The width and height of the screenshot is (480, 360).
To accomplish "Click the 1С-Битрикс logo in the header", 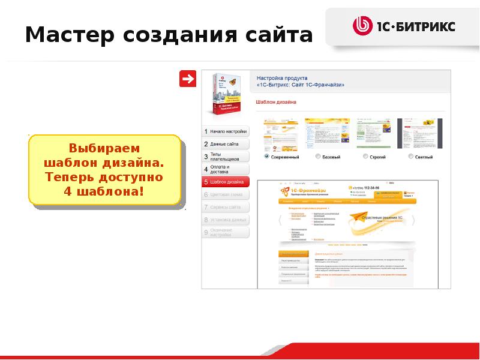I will click(404, 26).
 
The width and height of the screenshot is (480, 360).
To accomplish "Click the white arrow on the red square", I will click(188, 79).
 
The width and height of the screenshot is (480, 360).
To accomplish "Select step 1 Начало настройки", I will click(225, 131).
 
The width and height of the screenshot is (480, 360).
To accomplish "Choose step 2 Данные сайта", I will click(225, 144).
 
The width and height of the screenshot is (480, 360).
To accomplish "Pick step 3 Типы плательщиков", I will click(225, 157).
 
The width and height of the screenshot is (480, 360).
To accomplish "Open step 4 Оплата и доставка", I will click(225, 169).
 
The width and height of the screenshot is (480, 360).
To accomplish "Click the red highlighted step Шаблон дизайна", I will click(225, 182).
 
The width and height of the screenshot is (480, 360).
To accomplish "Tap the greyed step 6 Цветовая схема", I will click(225, 194).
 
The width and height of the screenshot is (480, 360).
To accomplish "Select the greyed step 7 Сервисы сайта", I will click(225, 207).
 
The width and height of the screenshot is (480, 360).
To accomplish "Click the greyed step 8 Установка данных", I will click(225, 220).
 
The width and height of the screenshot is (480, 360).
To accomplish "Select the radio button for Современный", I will click(266, 157).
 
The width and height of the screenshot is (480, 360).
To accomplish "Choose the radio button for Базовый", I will click(317, 157).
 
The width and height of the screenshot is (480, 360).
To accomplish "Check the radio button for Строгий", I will click(365, 157).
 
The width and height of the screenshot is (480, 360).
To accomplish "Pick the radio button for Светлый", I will click(411, 157).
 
